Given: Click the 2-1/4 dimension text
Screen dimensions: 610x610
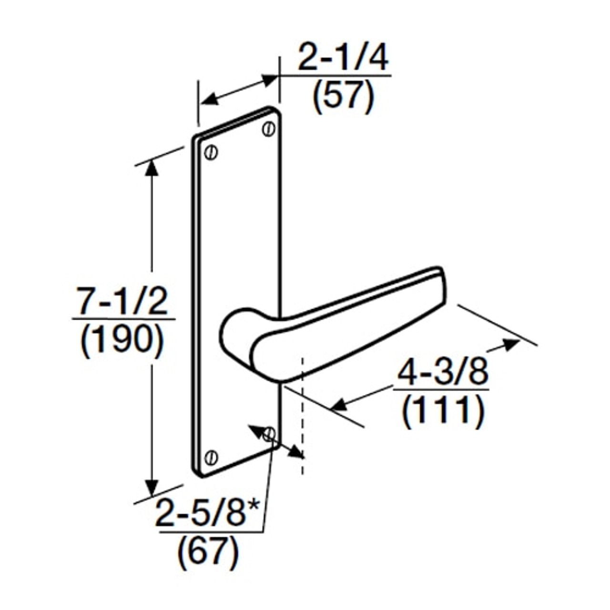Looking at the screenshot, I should coord(343,58).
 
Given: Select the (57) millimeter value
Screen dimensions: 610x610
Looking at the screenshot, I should coord(343,96).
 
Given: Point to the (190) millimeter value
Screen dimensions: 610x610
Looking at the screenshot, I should coord(123,340).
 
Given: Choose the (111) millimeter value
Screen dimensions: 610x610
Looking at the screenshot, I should coord(443,411).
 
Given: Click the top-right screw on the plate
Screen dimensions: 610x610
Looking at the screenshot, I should coord(269,129).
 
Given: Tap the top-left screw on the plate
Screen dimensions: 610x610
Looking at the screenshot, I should coord(211,152).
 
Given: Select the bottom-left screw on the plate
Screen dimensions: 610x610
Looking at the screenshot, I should coord(211,457).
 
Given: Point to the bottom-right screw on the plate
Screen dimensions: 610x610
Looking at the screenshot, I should coord(269,434).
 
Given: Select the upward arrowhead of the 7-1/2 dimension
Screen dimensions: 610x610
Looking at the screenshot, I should coord(152,168).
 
